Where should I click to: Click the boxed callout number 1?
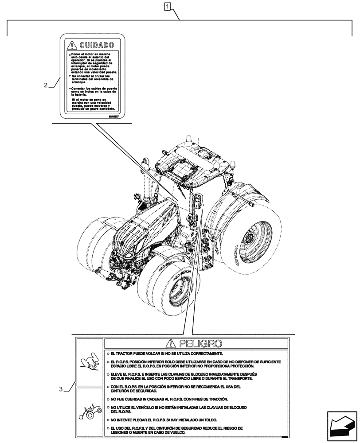tap(167, 6)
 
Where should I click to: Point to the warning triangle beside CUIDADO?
tap(71, 45)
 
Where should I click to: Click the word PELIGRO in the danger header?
tap(199, 343)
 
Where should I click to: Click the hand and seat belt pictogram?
tap(89, 362)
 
